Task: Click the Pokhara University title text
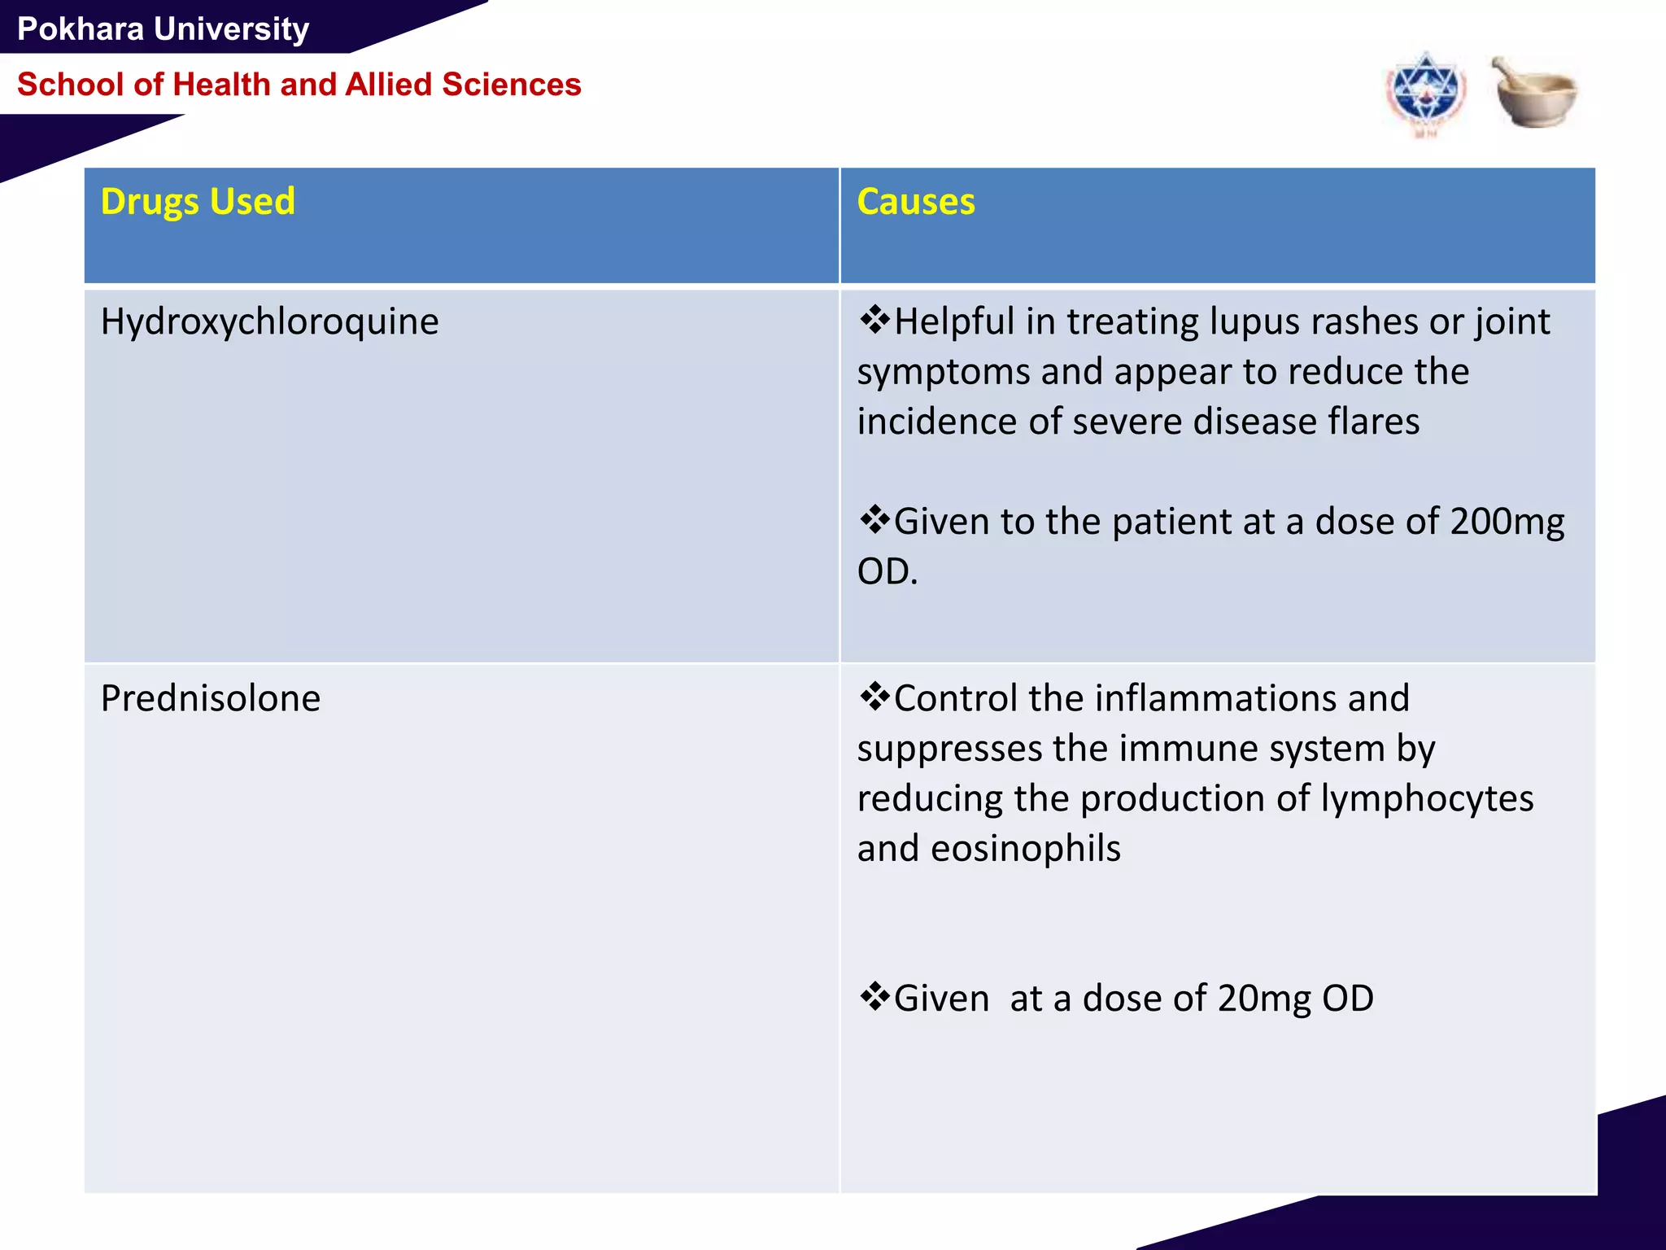pos(163,29)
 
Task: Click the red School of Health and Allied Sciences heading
pos(299,85)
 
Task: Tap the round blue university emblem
pos(1425,94)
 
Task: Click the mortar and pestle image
pos(1534,92)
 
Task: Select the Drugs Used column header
pos(198,202)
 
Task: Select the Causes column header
pos(915,202)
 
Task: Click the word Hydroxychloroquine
pos(269,321)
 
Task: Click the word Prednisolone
pos(211,698)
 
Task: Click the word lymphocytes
pos(1427,798)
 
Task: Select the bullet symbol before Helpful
pos(874,320)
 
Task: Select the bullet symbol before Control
pos(874,697)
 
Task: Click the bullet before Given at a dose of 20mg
pos(874,996)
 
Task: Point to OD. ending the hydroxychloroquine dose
pos(887,571)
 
